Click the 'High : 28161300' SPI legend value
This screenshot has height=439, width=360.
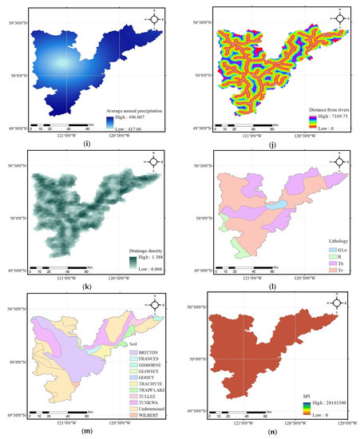[324, 396]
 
